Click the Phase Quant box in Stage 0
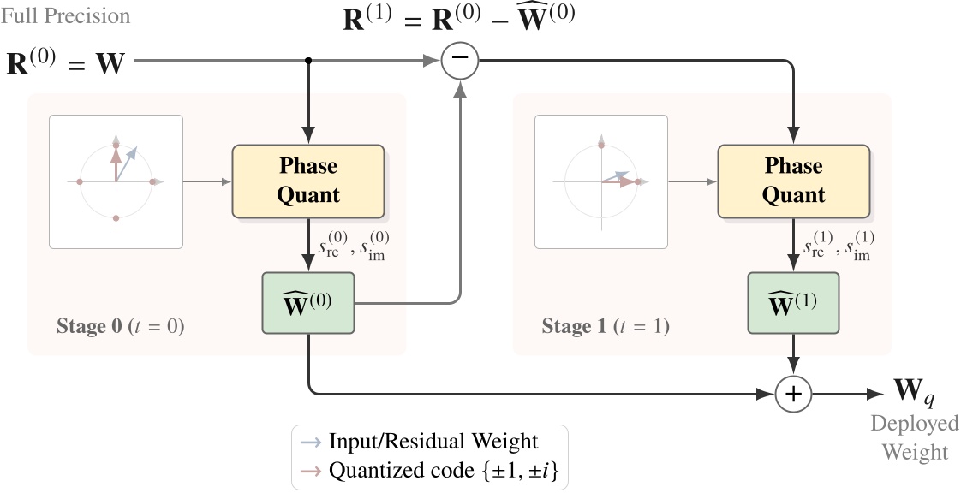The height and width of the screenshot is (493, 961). (307, 181)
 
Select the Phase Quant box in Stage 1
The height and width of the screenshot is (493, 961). (793, 181)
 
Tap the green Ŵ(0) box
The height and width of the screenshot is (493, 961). (307, 303)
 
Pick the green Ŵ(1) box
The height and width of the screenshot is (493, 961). (793, 303)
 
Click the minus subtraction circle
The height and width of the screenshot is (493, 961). (460, 61)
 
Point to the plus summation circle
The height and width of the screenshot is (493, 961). (793, 394)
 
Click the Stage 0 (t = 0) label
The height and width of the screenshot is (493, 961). (120, 326)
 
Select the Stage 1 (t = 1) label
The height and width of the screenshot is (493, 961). (606, 326)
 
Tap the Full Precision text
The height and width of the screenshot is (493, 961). (66, 16)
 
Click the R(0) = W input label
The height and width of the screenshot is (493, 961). (65, 63)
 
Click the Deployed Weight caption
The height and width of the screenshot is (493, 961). (915, 437)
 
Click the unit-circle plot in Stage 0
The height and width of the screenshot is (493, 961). (116, 181)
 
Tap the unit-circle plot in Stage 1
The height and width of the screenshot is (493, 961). (601, 181)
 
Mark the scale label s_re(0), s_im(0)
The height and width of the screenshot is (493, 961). (352, 245)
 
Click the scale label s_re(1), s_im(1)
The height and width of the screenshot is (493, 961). (838, 245)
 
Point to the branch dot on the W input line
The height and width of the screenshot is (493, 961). (308, 61)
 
